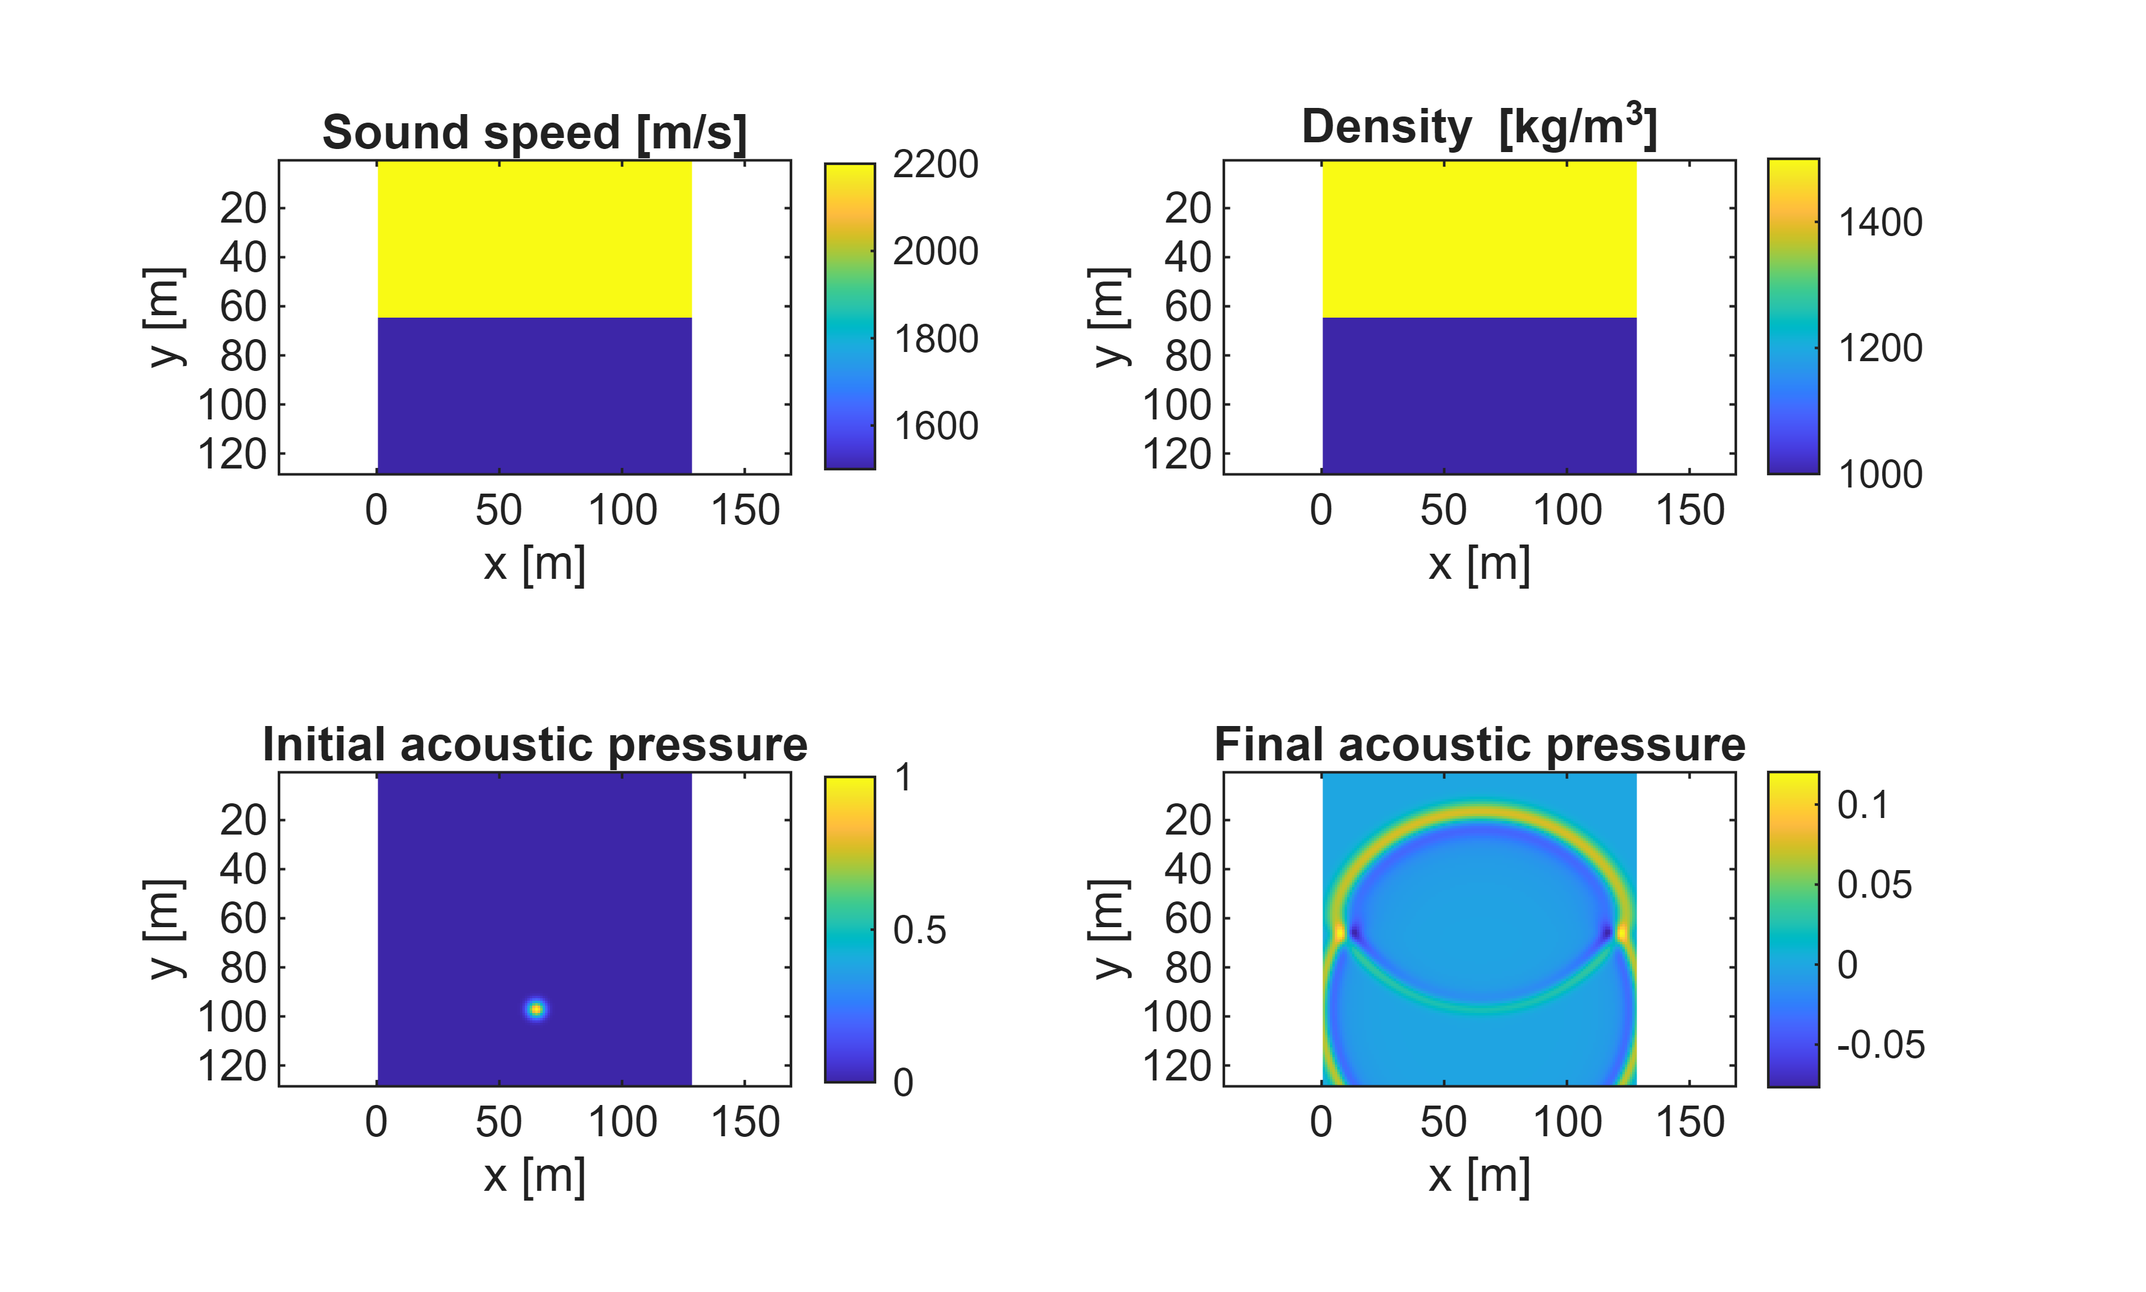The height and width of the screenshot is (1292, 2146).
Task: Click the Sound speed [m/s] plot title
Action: click(535, 133)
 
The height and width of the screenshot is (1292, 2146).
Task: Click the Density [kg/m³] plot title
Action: click(1478, 126)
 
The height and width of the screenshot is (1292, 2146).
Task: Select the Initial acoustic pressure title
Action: click(535, 745)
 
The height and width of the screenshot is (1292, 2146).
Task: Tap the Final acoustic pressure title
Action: click(1479, 745)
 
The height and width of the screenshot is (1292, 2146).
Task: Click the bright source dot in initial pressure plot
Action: click(536, 1009)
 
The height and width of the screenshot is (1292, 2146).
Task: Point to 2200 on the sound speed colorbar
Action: click(935, 164)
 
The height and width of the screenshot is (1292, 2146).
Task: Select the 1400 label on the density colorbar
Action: click(1880, 223)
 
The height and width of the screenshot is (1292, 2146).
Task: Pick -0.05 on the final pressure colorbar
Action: click(1881, 1045)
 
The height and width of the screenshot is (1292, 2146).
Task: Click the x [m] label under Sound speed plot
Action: click(535, 564)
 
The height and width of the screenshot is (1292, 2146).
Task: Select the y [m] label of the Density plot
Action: click(1109, 317)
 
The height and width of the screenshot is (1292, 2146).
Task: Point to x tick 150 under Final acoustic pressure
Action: click(1690, 1122)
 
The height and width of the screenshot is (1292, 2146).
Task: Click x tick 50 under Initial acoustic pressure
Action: click(499, 1122)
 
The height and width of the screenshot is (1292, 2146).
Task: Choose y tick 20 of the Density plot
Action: click(1188, 209)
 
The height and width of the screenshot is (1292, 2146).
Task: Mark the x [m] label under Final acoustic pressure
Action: click(1479, 1176)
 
